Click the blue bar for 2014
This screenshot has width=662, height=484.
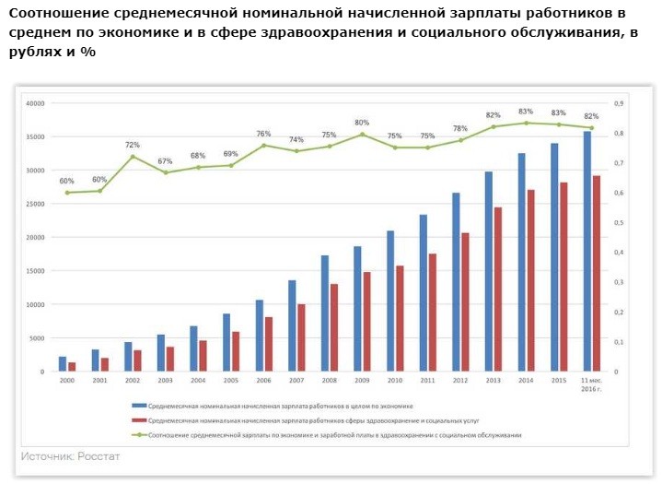pyautogui.click(x=522, y=263)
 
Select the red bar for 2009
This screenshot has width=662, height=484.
pyautogui.click(x=366, y=322)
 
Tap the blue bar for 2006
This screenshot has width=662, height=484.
pyautogui.click(x=260, y=336)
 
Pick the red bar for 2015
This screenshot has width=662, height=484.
pyautogui.click(x=563, y=277)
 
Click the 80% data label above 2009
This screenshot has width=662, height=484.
pyautogui.click(x=362, y=123)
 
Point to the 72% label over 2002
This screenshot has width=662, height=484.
pyautogui.click(x=133, y=145)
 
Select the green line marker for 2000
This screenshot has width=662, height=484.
pyautogui.click(x=67, y=193)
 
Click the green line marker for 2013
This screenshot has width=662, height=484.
pyautogui.click(x=493, y=126)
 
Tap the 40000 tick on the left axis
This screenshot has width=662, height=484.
pyautogui.click(x=35, y=103)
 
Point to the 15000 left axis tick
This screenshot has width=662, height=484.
pyautogui.click(x=35, y=271)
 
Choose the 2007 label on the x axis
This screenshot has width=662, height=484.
pyautogui.click(x=296, y=380)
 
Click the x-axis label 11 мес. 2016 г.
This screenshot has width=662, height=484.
pyautogui.click(x=590, y=384)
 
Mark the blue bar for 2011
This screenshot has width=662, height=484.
pyautogui.click(x=424, y=293)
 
